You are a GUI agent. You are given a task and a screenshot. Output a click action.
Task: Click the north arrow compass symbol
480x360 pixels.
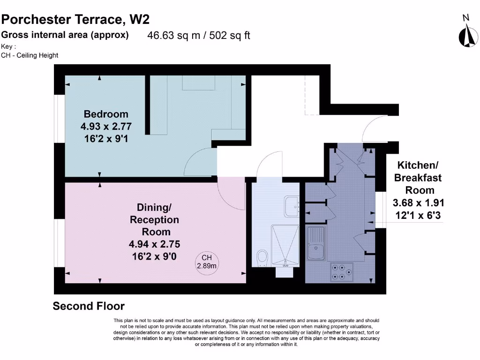click(x=468, y=36)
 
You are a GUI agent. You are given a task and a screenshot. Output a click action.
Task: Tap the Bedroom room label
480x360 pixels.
click(x=106, y=114)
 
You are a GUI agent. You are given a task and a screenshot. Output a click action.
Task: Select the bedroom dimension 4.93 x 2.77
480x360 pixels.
click(x=106, y=127)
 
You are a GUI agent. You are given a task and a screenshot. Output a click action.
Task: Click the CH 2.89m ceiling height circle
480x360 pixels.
click(x=207, y=262)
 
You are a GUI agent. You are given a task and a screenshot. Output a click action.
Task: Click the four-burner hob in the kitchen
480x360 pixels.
click(x=342, y=272)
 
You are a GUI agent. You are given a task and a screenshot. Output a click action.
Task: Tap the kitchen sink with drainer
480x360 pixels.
click(x=316, y=243)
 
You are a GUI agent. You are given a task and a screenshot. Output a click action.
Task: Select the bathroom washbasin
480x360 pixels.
click(x=292, y=207)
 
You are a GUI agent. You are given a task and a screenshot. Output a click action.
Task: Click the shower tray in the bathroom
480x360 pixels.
click(x=285, y=246)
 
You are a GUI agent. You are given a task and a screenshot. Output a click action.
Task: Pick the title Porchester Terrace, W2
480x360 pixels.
click(x=75, y=20)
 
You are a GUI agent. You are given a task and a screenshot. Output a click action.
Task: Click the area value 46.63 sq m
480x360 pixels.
click(x=173, y=36)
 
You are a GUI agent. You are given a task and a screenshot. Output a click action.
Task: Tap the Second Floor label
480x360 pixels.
click(x=89, y=306)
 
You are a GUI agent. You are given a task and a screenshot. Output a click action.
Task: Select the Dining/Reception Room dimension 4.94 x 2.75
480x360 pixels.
click(x=154, y=244)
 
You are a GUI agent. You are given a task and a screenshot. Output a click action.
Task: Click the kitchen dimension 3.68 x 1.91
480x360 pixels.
click(x=418, y=203)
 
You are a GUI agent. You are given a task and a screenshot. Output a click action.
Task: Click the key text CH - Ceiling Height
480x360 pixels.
click(x=30, y=55)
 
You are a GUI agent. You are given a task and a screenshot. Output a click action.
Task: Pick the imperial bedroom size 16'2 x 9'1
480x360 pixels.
click(x=106, y=139)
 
